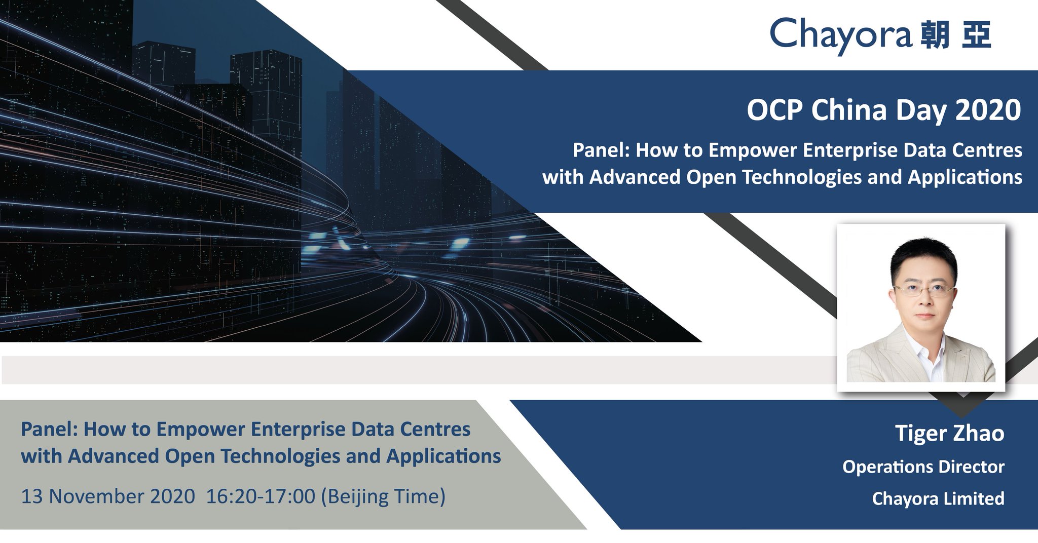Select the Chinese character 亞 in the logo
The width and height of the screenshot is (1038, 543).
click(977, 34)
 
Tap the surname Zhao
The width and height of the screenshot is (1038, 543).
click(979, 434)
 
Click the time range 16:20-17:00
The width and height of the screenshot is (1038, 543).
click(261, 496)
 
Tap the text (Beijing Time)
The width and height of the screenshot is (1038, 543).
click(384, 496)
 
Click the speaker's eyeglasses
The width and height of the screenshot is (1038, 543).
click(923, 291)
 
